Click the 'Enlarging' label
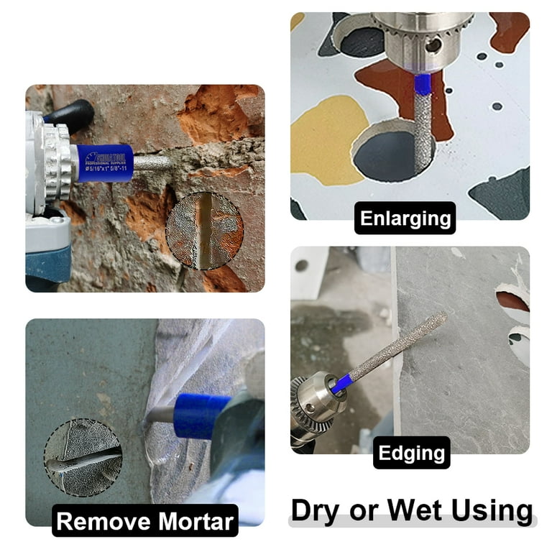[405, 218]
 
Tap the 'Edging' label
[412, 453]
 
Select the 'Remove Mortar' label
[145, 521]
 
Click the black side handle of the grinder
[72, 114]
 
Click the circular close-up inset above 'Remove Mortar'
[83, 458]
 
